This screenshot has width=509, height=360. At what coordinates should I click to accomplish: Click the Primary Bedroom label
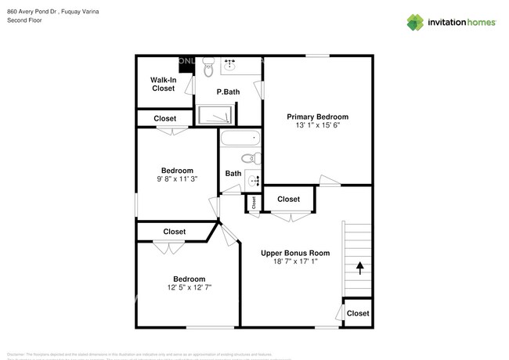point(317,117)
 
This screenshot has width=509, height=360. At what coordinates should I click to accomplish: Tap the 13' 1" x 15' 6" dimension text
point(317,126)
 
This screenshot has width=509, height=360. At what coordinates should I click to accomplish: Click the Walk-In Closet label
point(163,84)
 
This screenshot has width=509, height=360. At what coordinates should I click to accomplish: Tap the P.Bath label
point(228,92)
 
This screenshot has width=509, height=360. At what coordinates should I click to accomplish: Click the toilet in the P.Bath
point(208,71)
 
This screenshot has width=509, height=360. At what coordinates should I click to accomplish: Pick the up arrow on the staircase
point(360,268)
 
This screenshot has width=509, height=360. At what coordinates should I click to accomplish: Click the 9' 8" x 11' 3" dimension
point(177,179)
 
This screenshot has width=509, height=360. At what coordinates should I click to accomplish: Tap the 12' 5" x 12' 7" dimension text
point(189,288)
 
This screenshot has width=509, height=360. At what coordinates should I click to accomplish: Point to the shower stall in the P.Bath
point(215,116)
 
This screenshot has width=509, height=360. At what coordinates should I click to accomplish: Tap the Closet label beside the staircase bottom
point(358,313)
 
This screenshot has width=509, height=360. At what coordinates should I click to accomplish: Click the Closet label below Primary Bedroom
point(289,199)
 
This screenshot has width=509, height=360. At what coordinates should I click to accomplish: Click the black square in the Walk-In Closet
point(186,64)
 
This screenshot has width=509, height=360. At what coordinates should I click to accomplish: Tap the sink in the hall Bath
point(254,181)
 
